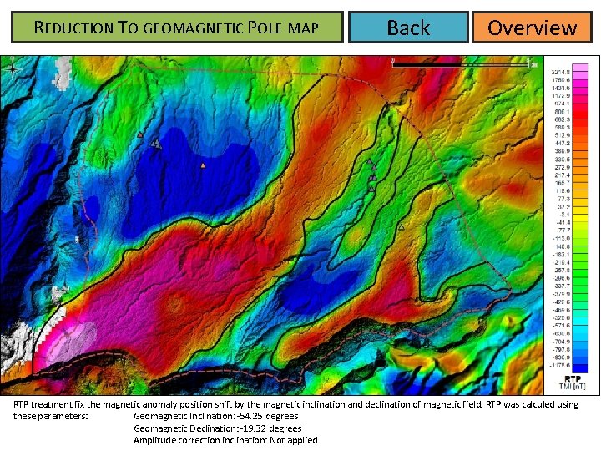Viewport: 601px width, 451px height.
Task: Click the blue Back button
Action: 408,28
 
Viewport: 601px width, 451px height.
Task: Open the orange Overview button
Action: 532,28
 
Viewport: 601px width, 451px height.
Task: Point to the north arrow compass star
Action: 12,70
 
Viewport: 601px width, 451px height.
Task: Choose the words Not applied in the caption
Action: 294,440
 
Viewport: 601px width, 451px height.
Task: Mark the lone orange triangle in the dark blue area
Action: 203,165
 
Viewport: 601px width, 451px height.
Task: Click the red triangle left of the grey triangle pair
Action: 140,135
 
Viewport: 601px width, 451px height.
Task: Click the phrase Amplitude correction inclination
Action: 196,440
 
